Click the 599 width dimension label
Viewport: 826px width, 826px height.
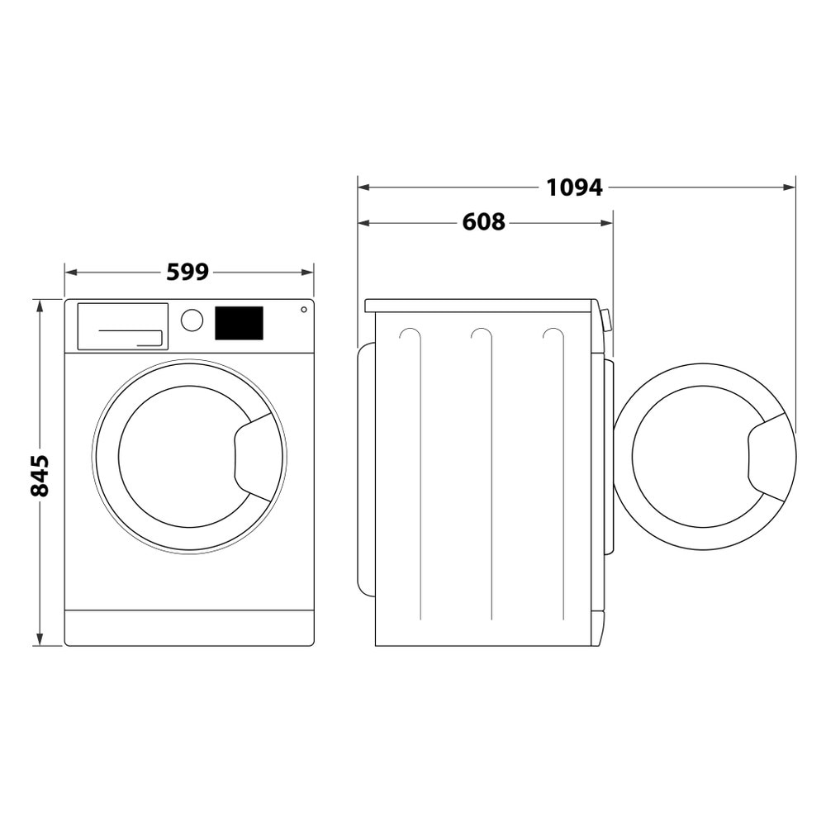[x=188, y=272]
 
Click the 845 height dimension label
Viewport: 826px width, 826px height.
[x=40, y=475]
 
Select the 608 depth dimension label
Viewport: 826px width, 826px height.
[x=483, y=222]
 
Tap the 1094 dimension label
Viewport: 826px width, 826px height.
[x=574, y=188]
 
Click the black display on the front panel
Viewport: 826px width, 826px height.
[x=239, y=323]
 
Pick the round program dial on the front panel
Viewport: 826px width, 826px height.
[x=192, y=320]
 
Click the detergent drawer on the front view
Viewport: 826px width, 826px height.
[x=122, y=326]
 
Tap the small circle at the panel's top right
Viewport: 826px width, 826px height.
[x=303, y=310]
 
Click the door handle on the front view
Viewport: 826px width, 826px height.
[x=256, y=457]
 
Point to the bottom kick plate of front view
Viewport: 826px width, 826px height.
[x=188, y=628]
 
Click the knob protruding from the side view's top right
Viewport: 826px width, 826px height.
[x=607, y=320]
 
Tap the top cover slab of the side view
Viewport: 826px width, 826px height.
[x=479, y=306]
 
